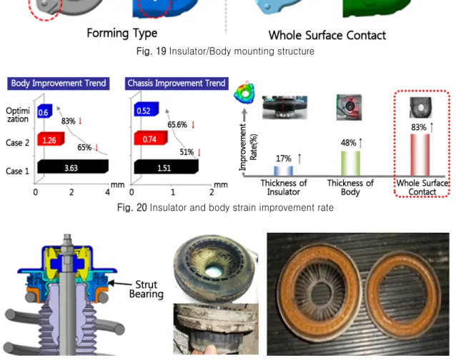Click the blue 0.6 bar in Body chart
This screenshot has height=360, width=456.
(x=45, y=111)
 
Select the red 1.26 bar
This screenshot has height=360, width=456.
(x=51, y=139)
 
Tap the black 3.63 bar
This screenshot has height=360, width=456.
(x=73, y=166)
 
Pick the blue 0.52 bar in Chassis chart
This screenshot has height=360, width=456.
(x=147, y=109)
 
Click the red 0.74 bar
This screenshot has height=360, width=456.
(x=151, y=138)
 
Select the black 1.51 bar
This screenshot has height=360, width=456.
(x=166, y=166)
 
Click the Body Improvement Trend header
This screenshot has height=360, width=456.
(x=59, y=84)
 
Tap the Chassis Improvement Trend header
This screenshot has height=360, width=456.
(x=177, y=84)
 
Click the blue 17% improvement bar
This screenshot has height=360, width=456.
(x=283, y=171)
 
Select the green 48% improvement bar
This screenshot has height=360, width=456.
(x=350, y=164)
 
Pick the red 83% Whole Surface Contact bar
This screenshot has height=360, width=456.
(x=420, y=155)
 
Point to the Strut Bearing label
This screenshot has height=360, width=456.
(x=147, y=289)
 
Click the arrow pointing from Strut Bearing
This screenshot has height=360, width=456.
(x=120, y=284)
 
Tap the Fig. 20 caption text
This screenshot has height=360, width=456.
(x=225, y=207)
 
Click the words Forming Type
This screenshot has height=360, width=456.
(x=122, y=33)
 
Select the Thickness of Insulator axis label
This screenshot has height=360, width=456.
(x=284, y=187)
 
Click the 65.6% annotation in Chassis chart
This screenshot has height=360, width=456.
(x=177, y=125)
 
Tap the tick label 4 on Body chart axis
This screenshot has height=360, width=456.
(x=108, y=192)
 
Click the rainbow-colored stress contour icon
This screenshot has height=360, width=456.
(x=244, y=93)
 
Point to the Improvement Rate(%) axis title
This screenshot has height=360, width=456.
(x=248, y=147)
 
